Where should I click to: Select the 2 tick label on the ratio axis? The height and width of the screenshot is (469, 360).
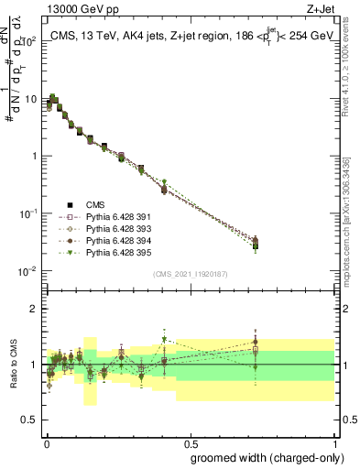[34, 309]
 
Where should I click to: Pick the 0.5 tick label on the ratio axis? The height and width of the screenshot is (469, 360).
[30, 420]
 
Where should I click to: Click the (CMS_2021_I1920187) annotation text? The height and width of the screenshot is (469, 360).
[191, 273]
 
